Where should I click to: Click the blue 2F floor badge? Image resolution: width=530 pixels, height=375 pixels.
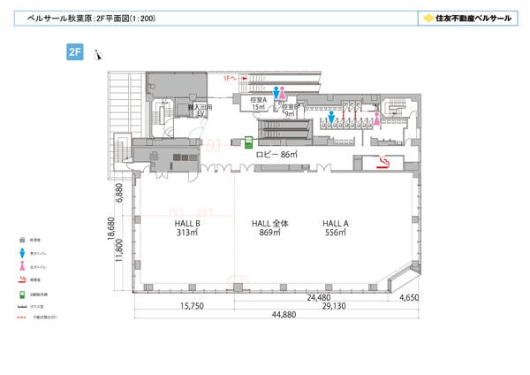75,52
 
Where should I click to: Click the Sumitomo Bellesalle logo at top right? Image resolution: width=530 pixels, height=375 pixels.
465,17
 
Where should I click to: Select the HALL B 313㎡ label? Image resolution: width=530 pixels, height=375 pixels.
187,229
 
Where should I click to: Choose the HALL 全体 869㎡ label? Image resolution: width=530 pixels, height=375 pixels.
266,229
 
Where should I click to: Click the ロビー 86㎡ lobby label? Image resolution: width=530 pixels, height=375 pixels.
276,154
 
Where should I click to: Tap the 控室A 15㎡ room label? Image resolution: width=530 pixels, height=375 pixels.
259,103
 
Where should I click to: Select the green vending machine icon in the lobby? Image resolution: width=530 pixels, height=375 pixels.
250,142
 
